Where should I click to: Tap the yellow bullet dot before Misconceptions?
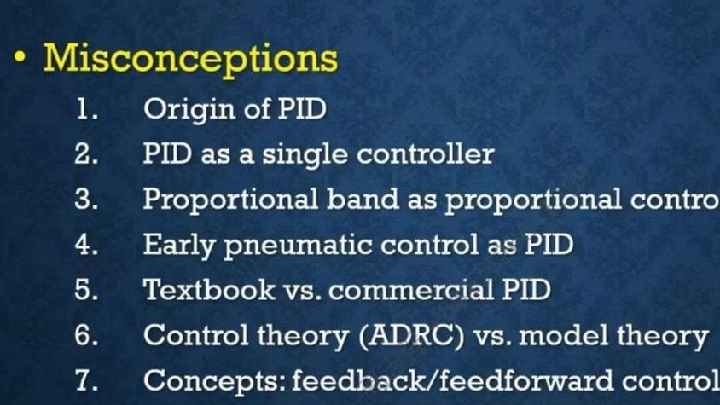tap(20, 57)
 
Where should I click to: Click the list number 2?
tap(86, 153)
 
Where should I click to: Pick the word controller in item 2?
tap(426, 153)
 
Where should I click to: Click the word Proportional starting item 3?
tap(230, 200)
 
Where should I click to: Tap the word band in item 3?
tap(363, 199)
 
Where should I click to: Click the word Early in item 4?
tap(179, 246)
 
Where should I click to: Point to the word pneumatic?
tap(298, 246)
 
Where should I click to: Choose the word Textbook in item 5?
tap(209, 289)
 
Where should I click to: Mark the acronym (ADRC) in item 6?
tap(411, 336)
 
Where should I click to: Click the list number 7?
tap(86, 379)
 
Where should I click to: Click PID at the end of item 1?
tap(302, 109)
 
